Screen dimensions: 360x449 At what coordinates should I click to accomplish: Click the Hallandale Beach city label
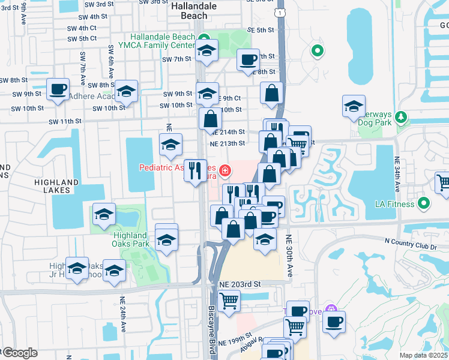pos(190,11)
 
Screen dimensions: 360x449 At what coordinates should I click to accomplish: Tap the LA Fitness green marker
pos(424,203)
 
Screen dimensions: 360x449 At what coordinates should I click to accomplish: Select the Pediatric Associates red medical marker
pos(225,172)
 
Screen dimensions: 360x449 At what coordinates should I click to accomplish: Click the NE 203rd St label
pos(240,284)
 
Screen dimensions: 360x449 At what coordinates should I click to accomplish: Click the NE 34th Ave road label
pos(397,173)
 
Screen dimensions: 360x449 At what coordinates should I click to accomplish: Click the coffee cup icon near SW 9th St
pos(58,89)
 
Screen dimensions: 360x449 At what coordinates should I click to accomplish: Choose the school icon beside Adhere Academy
pos(126,91)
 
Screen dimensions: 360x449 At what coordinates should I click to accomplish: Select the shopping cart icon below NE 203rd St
pos(228,300)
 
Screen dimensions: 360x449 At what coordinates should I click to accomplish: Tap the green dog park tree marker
pos(403,115)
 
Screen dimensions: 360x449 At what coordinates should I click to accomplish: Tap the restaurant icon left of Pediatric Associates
pos(195,170)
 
